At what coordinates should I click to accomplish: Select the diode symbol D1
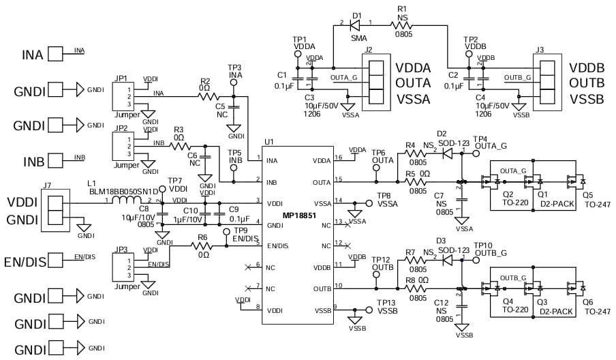coord(354,25)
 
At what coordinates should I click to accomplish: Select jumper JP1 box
coord(124,95)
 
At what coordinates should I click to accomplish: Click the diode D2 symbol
coord(448,153)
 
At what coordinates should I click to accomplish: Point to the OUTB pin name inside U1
coord(322,288)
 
